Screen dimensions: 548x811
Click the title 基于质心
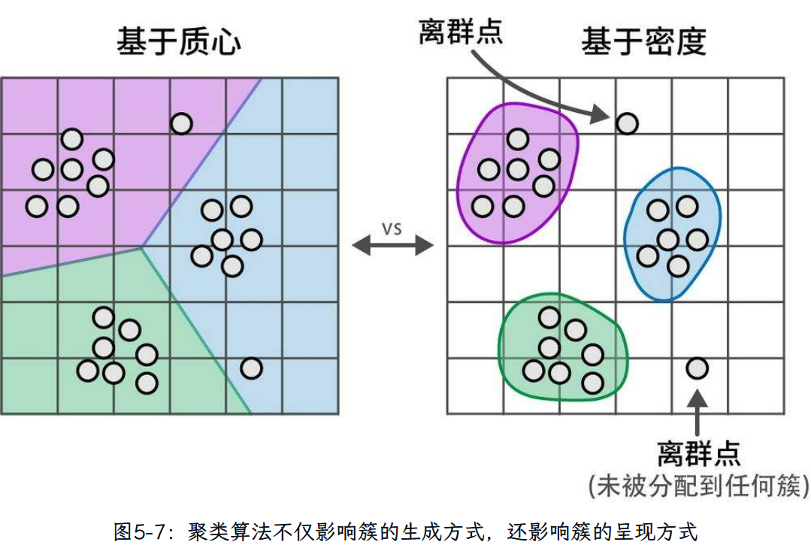tap(179, 41)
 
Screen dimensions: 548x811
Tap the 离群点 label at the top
tap(460, 32)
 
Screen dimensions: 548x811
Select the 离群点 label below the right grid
tap(698, 453)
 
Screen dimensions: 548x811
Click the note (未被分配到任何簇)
tap(698, 487)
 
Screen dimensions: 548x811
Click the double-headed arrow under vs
tap(392, 246)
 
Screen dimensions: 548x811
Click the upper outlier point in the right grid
tap(628, 123)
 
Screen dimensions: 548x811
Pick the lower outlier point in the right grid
tap(697, 368)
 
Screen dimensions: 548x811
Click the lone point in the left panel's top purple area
tap(181, 123)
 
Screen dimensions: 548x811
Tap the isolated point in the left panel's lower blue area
tap(251, 368)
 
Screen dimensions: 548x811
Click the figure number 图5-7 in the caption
tap(134, 532)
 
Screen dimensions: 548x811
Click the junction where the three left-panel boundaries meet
tap(141, 247)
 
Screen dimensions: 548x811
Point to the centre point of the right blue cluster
tap(668, 240)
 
